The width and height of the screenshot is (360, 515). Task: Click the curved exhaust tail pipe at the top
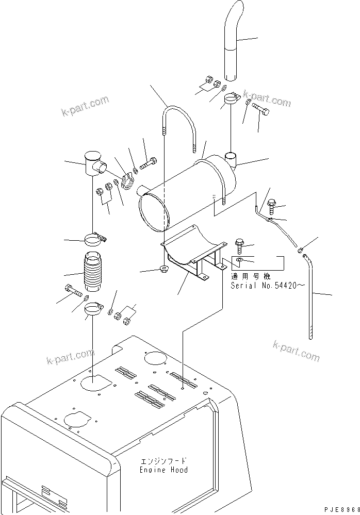tap(234, 43)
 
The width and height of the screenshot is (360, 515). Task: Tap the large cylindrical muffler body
tap(188, 194)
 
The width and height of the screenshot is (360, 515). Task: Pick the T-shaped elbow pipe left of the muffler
tap(94, 164)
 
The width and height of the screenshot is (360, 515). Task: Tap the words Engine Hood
tap(163, 470)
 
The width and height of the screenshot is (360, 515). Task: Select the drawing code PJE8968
tap(341, 509)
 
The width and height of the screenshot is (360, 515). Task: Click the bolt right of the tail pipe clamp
tap(261, 109)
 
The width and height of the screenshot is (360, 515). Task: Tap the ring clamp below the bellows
tap(94, 309)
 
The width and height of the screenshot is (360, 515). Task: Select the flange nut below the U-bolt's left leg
tap(163, 269)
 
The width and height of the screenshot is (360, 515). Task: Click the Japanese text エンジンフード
tap(163, 460)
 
